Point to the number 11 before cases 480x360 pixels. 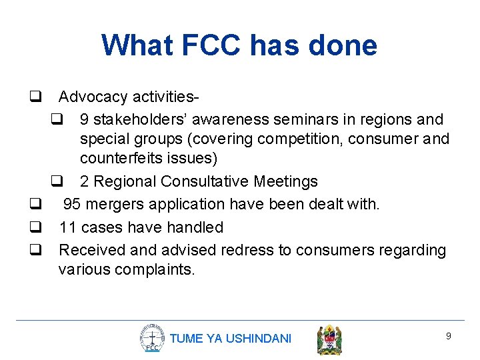(x=67, y=227)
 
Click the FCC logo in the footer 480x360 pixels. (x=152, y=338)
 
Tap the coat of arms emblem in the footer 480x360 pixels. (x=329, y=339)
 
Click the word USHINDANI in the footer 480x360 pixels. (x=259, y=339)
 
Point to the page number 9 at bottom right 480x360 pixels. (x=448, y=336)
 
